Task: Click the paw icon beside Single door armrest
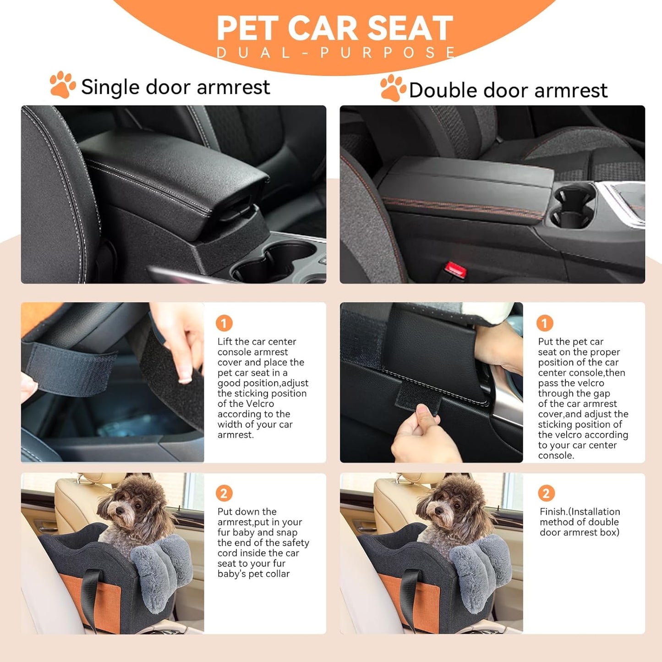click(63, 85)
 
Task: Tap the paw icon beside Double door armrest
click(393, 88)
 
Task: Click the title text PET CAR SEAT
click(334, 28)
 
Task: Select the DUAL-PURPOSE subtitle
click(336, 53)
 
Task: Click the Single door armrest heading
click(175, 87)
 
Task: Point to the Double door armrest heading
click(508, 90)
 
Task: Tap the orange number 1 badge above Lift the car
click(224, 323)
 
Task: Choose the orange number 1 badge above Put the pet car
click(545, 323)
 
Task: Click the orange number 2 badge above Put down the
click(224, 493)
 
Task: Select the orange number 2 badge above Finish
click(546, 493)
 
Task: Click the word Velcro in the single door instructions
click(260, 404)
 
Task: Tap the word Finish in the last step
click(553, 512)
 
